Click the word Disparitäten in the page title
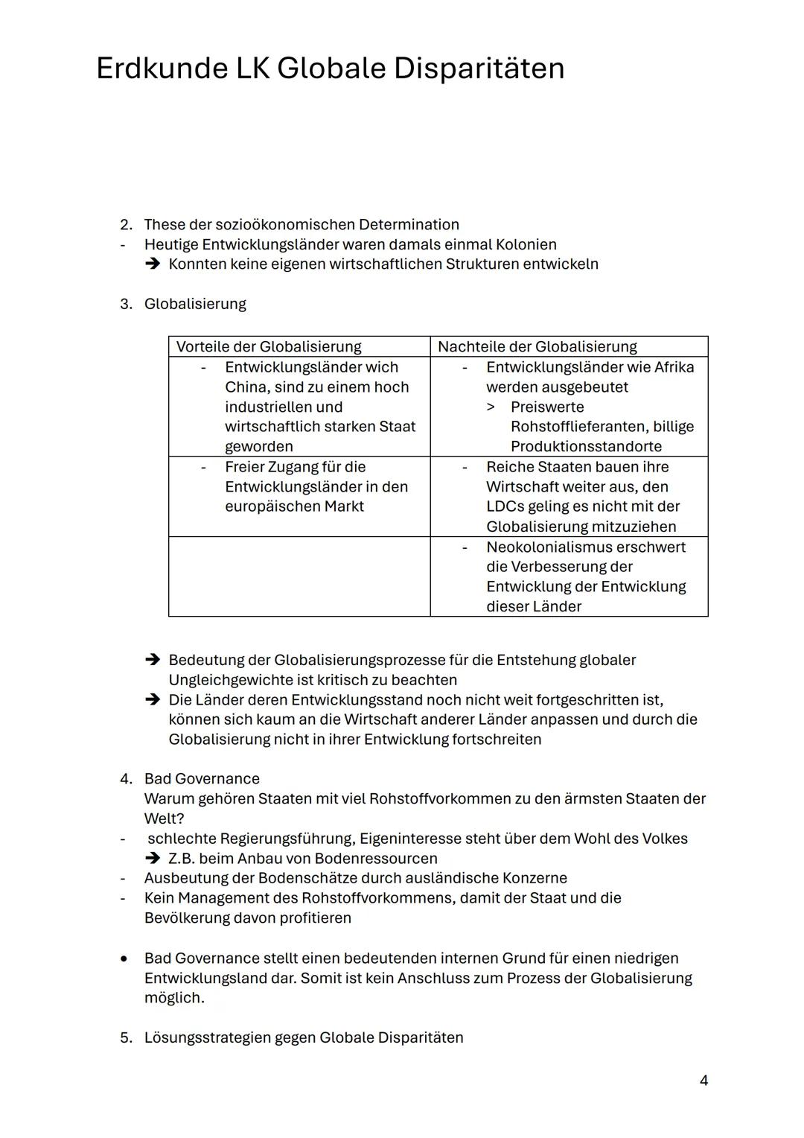[x=479, y=69]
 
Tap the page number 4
[x=703, y=1081]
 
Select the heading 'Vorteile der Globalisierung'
[x=268, y=346]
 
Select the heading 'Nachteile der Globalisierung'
[x=537, y=346]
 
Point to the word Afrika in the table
[x=674, y=367]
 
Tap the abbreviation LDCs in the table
[x=506, y=506]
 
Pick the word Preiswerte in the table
[x=547, y=407]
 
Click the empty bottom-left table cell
[x=299, y=576]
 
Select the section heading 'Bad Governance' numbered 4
[x=202, y=779]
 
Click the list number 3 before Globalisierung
[x=126, y=304]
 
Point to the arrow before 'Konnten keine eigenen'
[x=153, y=264]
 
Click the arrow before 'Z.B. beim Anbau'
[x=153, y=859]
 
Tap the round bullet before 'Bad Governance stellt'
[x=125, y=959]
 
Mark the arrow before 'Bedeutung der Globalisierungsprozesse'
[x=153, y=661]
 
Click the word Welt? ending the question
[x=164, y=819]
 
